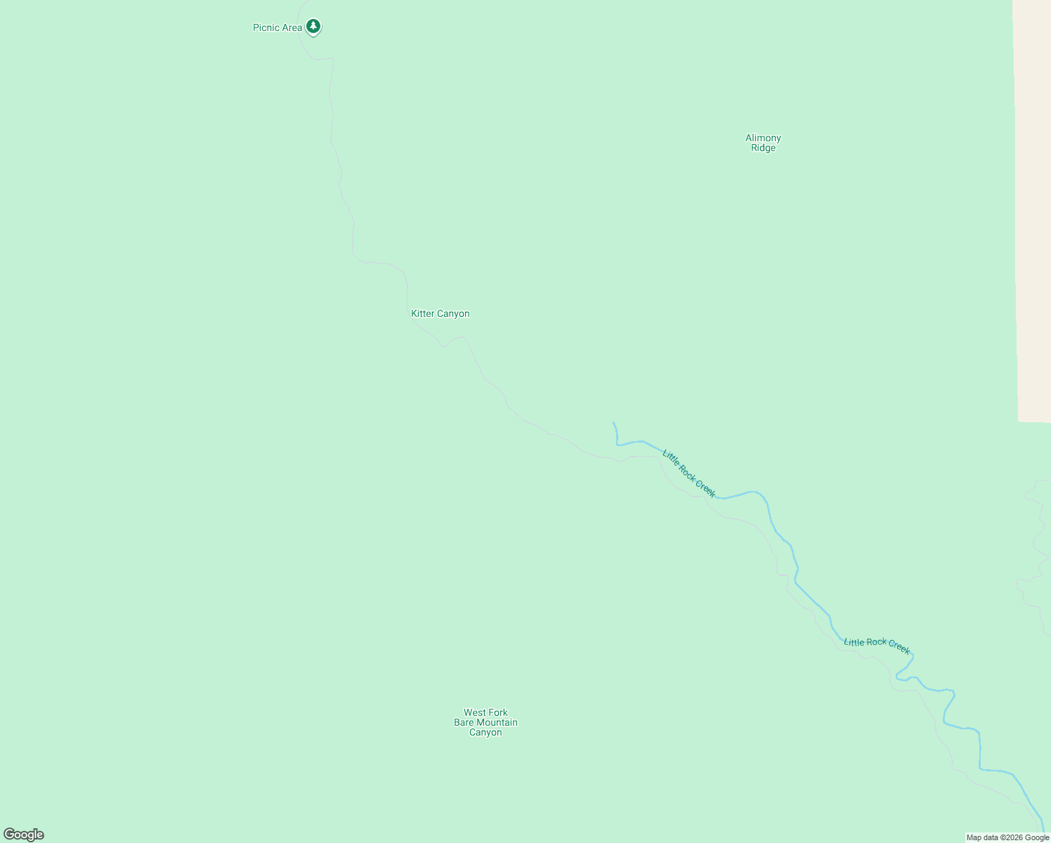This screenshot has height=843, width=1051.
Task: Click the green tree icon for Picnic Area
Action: coord(313,27)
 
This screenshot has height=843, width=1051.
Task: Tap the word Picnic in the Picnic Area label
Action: coord(266,28)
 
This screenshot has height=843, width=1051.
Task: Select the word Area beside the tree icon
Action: coord(292,28)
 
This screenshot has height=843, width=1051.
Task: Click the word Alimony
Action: coord(763,138)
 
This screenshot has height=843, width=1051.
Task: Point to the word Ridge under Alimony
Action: coord(763,148)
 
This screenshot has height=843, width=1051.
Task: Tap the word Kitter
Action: coord(423,314)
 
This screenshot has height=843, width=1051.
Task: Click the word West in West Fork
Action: coord(474,712)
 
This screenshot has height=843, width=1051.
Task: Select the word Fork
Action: coord(498,712)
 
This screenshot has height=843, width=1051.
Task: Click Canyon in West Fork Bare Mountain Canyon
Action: coord(485,733)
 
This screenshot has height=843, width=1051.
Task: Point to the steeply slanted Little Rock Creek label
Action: coord(688,474)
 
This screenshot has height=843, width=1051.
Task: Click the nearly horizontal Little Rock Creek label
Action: coord(877,645)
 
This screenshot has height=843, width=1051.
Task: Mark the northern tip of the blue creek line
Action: coord(613,423)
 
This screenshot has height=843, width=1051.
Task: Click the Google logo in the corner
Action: coord(24,835)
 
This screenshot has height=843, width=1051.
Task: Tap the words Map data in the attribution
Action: coord(982,837)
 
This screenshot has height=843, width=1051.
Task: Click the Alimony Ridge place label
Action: coord(763,143)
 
